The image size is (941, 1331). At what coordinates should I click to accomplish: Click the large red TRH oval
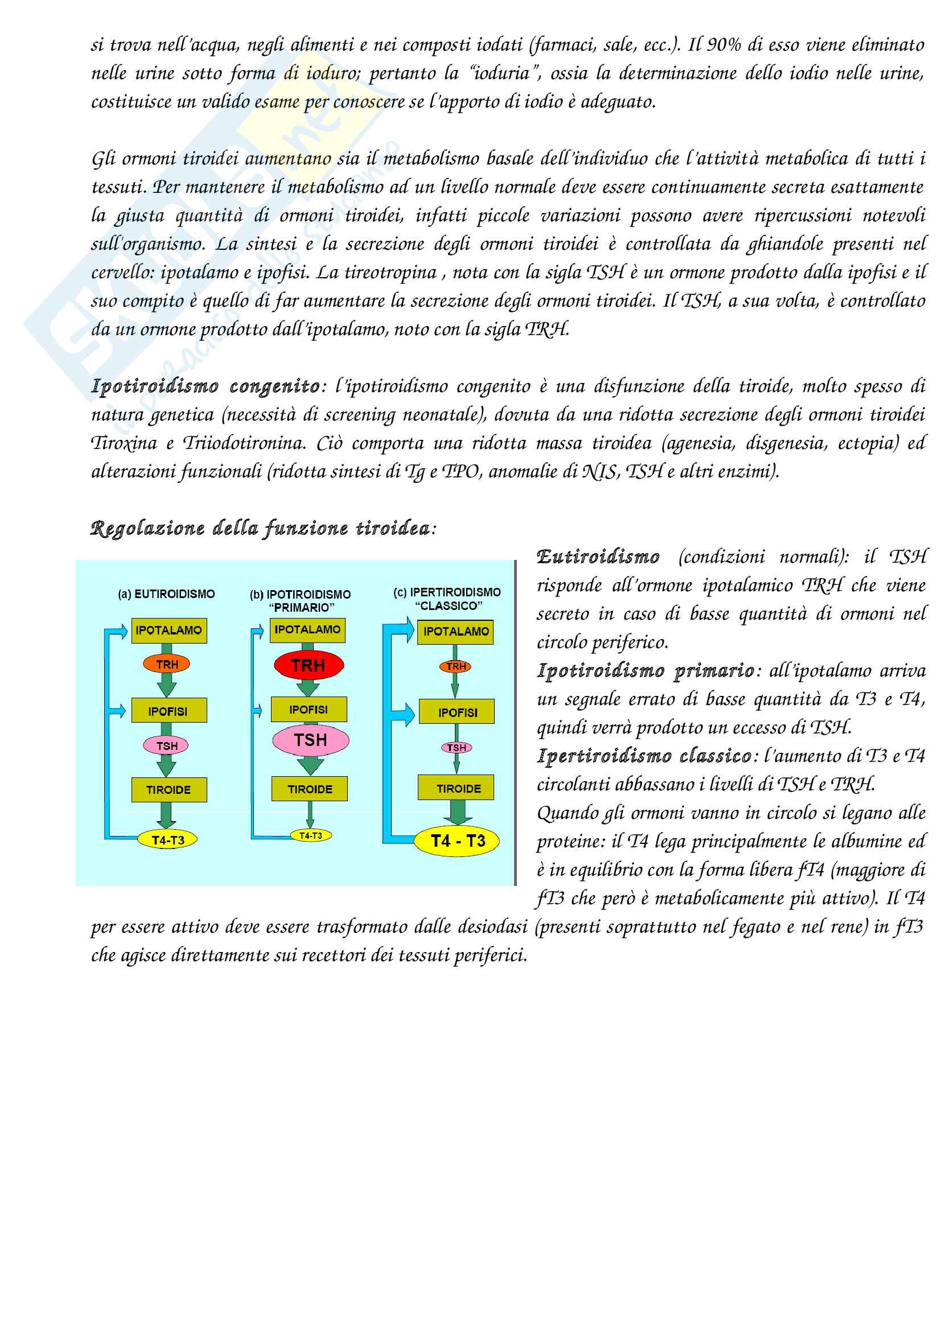tap(309, 665)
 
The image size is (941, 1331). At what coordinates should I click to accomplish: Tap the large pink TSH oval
tap(311, 740)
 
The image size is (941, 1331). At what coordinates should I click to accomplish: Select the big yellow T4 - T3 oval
tap(458, 840)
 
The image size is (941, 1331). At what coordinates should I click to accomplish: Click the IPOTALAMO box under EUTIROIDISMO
tap(169, 630)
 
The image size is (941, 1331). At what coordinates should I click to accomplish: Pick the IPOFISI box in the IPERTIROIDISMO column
tap(458, 712)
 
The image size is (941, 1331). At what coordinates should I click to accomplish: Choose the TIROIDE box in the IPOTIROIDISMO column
tap(310, 789)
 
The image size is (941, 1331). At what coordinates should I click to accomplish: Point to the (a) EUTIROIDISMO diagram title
tap(166, 594)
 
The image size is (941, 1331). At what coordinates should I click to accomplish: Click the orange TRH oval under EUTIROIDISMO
tap(167, 664)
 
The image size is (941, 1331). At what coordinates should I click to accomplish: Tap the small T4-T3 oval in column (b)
tap(310, 835)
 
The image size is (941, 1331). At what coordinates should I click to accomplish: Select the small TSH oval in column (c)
tap(457, 748)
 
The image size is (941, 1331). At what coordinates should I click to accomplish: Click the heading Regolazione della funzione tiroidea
tap(260, 528)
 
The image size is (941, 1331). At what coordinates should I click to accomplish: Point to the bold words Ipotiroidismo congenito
tap(206, 386)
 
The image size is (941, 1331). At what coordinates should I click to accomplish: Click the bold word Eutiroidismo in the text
tap(598, 557)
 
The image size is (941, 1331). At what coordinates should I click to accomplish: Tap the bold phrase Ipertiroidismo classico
tap(644, 756)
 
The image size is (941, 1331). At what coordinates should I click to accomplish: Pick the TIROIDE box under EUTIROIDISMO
tap(169, 790)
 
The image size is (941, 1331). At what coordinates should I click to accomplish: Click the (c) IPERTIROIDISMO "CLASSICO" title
tap(447, 599)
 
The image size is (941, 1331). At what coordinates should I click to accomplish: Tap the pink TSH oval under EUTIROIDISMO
tap(167, 745)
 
